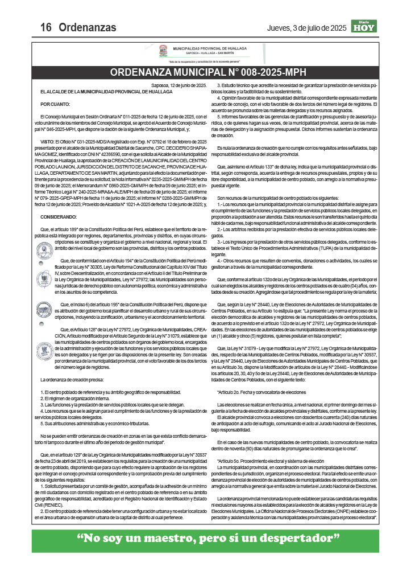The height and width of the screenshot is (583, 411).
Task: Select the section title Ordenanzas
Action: point(88,27)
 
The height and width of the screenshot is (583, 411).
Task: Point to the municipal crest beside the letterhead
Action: point(163,52)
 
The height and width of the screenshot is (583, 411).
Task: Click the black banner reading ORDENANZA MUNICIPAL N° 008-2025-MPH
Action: point(205,73)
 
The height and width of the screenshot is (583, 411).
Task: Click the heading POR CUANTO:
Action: point(55,104)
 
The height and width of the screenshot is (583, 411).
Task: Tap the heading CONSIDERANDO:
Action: point(59,217)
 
